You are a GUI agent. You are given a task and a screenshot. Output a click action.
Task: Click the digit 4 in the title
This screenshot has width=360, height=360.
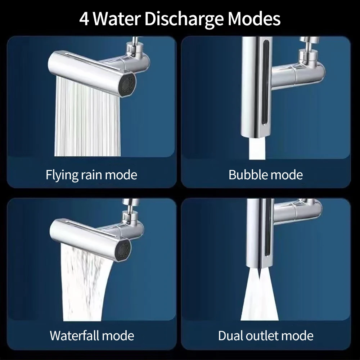point(84,19)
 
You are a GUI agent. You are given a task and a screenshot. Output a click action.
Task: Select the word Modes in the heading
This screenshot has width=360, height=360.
point(254,19)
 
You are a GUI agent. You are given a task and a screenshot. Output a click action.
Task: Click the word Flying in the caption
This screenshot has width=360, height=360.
point(62,175)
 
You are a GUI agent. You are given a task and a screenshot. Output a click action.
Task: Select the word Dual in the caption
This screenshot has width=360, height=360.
point(230,336)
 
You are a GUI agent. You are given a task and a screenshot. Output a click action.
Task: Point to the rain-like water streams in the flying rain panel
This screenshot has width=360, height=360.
point(87,117)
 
